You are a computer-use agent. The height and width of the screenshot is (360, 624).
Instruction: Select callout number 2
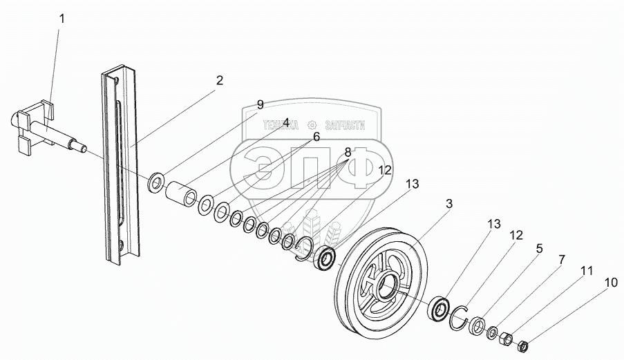[219, 81]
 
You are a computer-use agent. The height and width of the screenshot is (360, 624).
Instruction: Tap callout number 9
[260, 105]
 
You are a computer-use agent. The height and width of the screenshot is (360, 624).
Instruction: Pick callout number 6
[316, 137]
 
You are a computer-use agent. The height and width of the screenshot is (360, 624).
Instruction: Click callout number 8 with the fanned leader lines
[348, 152]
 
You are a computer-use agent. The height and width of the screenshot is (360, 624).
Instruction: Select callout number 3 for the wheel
[449, 204]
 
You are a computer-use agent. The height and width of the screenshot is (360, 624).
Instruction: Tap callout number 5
[539, 248]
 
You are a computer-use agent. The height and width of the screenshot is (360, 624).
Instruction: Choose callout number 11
[586, 272]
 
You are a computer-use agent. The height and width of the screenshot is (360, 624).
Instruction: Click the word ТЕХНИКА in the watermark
[280, 125]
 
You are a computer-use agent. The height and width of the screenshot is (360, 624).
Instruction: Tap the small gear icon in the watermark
[312, 125]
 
